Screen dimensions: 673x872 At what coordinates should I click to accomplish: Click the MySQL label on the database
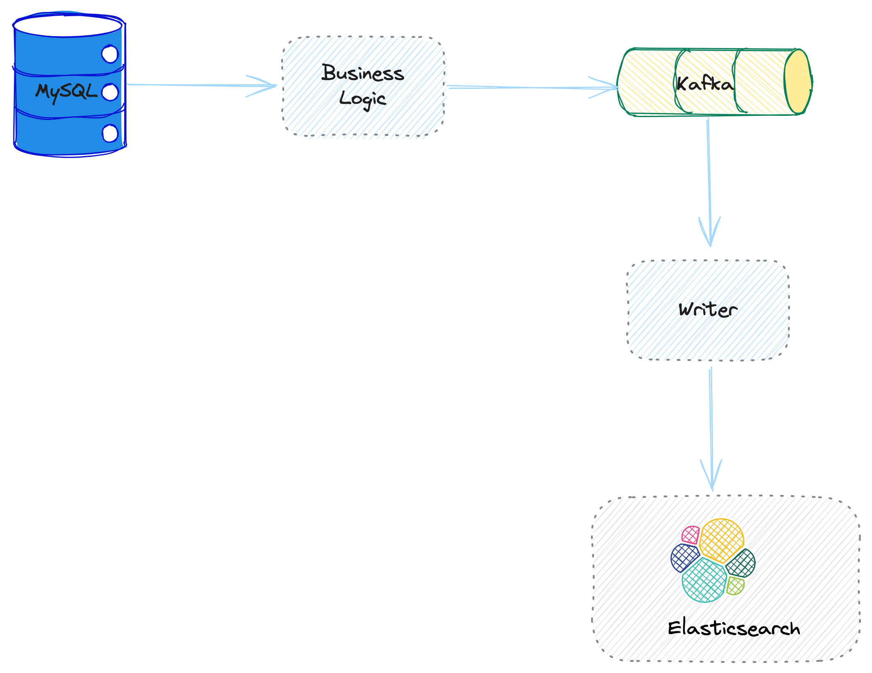pyautogui.click(x=66, y=91)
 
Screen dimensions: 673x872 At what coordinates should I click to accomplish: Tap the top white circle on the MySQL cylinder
pyautogui.click(x=110, y=54)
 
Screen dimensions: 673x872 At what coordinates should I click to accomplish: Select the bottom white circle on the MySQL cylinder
pyautogui.click(x=110, y=133)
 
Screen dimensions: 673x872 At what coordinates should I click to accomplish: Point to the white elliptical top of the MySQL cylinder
pyautogui.click(x=67, y=26)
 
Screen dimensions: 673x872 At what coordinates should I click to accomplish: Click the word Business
pyautogui.click(x=363, y=73)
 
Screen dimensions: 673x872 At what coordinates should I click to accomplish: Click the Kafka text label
pyautogui.click(x=704, y=84)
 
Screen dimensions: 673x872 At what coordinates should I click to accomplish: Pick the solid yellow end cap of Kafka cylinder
pyautogui.click(x=798, y=82)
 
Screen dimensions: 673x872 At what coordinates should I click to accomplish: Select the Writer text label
pyautogui.click(x=708, y=310)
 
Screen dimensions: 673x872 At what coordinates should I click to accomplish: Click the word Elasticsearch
pyautogui.click(x=734, y=628)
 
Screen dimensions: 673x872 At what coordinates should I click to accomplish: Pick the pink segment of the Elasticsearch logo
pyautogui.click(x=691, y=535)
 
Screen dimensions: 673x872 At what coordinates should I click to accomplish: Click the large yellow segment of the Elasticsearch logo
pyautogui.click(x=721, y=540)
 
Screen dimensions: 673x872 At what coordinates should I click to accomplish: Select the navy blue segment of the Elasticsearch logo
pyautogui.click(x=684, y=558)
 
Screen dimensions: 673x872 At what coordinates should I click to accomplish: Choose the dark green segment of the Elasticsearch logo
pyautogui.click(x=741, y=563)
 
